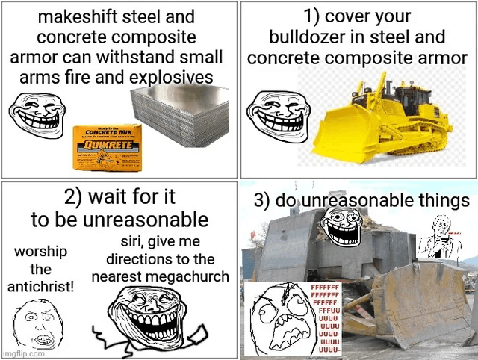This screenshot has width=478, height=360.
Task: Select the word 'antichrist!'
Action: [41, 287]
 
